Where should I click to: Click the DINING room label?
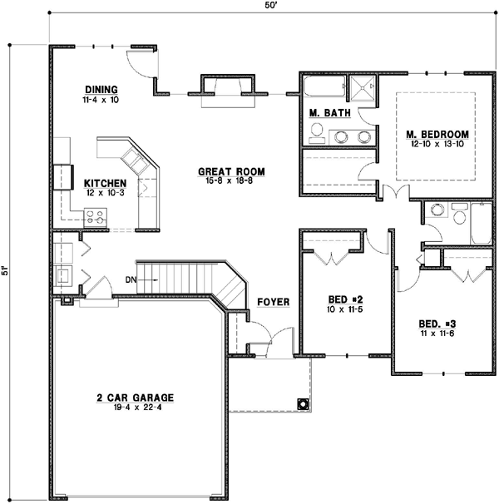pos(101,90)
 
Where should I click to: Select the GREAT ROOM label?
pos(230,172)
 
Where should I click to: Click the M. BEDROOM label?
pos(437,134)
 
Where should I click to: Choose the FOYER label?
pos(273,302)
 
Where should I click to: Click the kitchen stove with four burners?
pos(96,218)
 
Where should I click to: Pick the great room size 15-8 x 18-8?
pos(230,182)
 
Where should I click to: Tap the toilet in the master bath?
pos(317,131)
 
